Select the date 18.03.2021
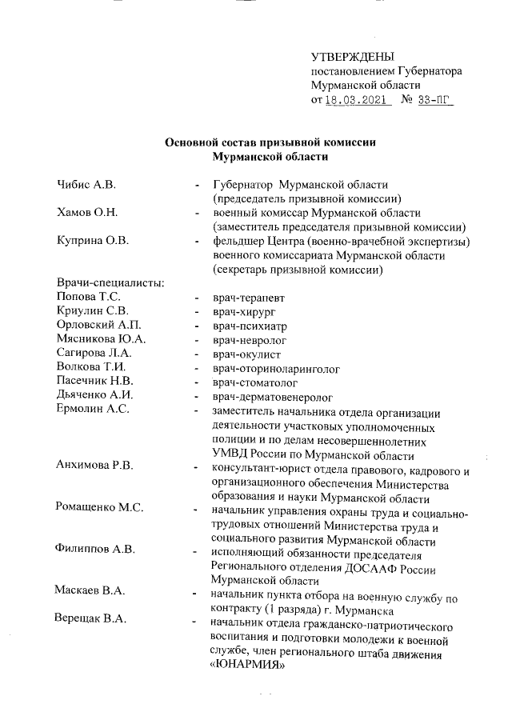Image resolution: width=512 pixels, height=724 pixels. tap(357, 101)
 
